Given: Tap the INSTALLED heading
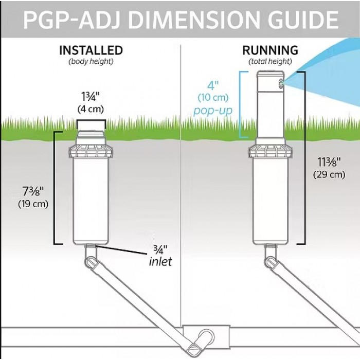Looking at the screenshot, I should [91, 50].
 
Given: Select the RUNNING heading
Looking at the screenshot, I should [270, 50].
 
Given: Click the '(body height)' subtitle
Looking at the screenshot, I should [91, 62].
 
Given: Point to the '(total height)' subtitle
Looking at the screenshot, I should [270, 62].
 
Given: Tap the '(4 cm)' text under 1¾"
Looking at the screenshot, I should [91, 109].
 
